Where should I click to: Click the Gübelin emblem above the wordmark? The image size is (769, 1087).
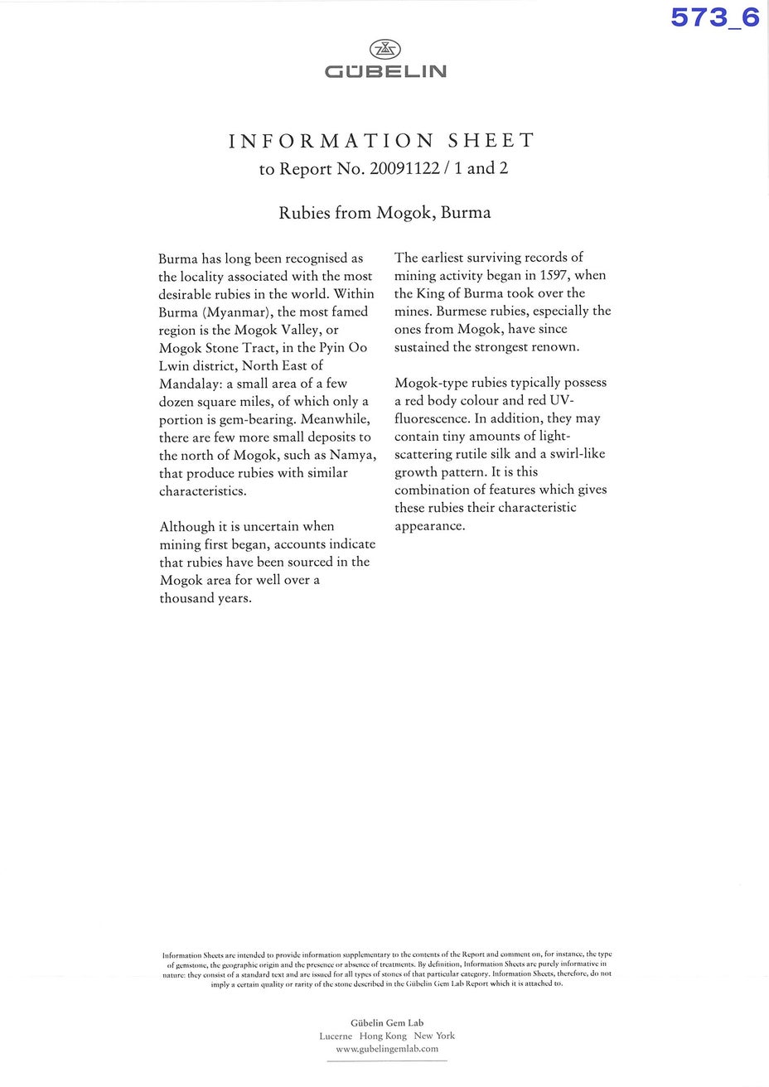pyautogui.click(x=384, y=49)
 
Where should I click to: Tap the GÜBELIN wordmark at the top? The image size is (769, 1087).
pyautogui.click(x=385, y=72)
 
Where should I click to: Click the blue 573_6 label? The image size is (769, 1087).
pyautogui.click(x=715, y=17)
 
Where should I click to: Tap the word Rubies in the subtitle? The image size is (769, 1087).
pyautogui.click(x=302, y=212)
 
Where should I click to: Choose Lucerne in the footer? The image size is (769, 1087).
pyautogui.click(x=336, y=1036)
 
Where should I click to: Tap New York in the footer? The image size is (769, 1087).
pyautogui.click(x=434, y=1036)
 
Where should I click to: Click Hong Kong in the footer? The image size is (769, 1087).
pyautogui.click(x=383, y=1036)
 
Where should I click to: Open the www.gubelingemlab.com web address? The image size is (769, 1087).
pyautogui.click(x=386, y=1049)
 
